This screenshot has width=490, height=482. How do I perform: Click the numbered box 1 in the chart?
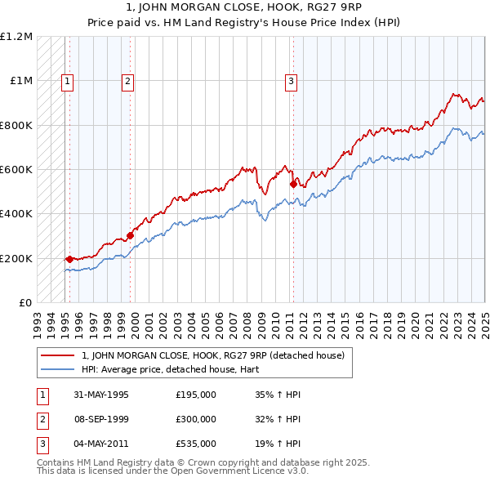(66, 80)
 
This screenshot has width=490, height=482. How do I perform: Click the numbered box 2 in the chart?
(128, 80)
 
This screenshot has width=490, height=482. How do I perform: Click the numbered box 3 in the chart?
(291, 80)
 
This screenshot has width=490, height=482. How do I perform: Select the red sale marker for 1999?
(130, 235)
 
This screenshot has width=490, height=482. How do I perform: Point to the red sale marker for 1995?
(69, 259)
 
